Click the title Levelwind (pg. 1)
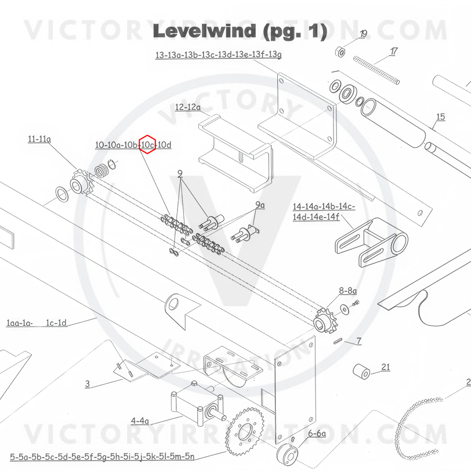coord(240,31)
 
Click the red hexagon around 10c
coord(147,144)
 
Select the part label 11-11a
coord(39,139)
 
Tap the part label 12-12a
coord(187,107)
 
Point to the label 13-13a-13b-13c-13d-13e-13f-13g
coord(218,56)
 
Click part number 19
coord(363,34)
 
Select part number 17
coord(394,52)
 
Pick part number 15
coord(440,117)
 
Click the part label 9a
coord(259,205)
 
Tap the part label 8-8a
coord(348,290)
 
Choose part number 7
coord(359,341)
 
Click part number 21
coord(385,367)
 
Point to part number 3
coord(88,383)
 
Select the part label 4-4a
coord(140,421)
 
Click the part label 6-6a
coord(317,433)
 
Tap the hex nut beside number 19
coord(342,52)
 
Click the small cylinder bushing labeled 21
coord(362,371)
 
